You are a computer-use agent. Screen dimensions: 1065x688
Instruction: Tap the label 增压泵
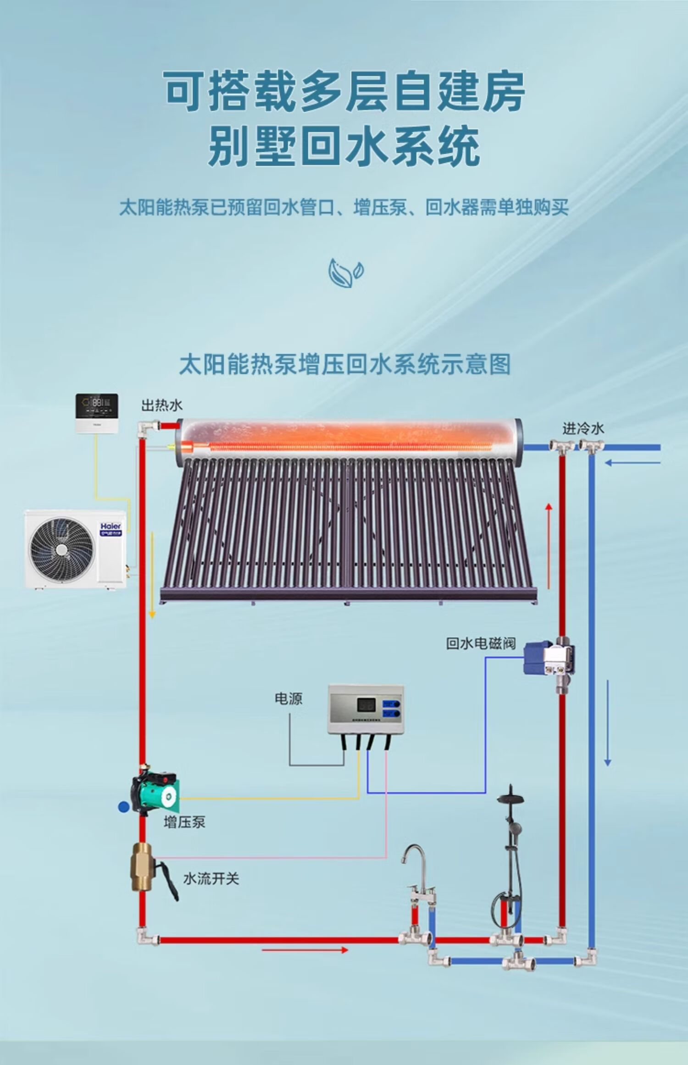click(184, 822)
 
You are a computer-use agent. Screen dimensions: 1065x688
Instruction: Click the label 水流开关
click(211, 879)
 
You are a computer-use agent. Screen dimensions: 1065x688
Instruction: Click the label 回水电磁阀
click(481, 643)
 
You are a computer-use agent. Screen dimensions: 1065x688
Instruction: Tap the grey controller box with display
click(366, 709)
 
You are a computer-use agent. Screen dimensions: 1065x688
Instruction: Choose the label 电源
click(288, 699)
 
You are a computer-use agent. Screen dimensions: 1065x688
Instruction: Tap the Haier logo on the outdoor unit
click(111, 526)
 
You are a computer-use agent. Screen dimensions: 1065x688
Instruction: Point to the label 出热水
click(161, 405)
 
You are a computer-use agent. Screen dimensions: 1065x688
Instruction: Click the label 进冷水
click(583, 429)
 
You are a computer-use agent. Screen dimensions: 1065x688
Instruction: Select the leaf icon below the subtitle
click(345, 273)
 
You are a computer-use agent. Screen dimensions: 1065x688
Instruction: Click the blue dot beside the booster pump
click(123, 807)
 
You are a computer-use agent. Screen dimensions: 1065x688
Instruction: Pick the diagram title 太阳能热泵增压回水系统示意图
click(344, 364)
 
